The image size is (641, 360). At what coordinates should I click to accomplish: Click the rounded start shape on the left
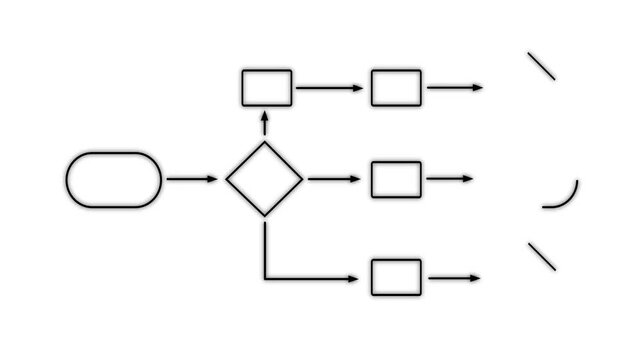pos(113,179)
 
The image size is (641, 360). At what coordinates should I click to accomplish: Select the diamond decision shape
pos(264,179)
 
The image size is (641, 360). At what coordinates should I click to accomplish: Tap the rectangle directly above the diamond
pos(267,88)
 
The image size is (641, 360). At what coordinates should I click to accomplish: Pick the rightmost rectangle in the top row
pos(396,88)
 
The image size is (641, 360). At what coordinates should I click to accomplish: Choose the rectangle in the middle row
pos(396,179)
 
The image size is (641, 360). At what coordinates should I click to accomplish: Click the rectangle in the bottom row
pos(396,277)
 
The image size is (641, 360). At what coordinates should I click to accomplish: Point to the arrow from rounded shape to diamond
pos(191,179)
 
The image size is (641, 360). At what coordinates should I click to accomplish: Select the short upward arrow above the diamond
pos(265,122)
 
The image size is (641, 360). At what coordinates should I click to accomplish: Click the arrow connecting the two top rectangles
pos(330,88)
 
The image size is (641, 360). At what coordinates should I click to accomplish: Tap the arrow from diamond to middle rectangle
pos(335,179)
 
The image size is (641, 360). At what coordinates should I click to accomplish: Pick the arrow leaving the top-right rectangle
pos(455,88)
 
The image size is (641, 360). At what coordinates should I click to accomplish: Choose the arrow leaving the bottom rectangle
pos(455,277)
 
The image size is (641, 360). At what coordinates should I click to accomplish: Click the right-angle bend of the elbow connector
pos(265,277)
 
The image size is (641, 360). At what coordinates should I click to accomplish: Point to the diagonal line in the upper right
pos(541,66)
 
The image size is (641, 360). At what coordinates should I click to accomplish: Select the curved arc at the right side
pos(569,199)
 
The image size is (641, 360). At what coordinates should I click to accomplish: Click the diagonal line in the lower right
pos(541,256)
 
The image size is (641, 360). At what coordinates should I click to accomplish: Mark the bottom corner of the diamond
pos(264,215)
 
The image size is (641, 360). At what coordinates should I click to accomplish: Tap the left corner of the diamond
pos(227,179)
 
